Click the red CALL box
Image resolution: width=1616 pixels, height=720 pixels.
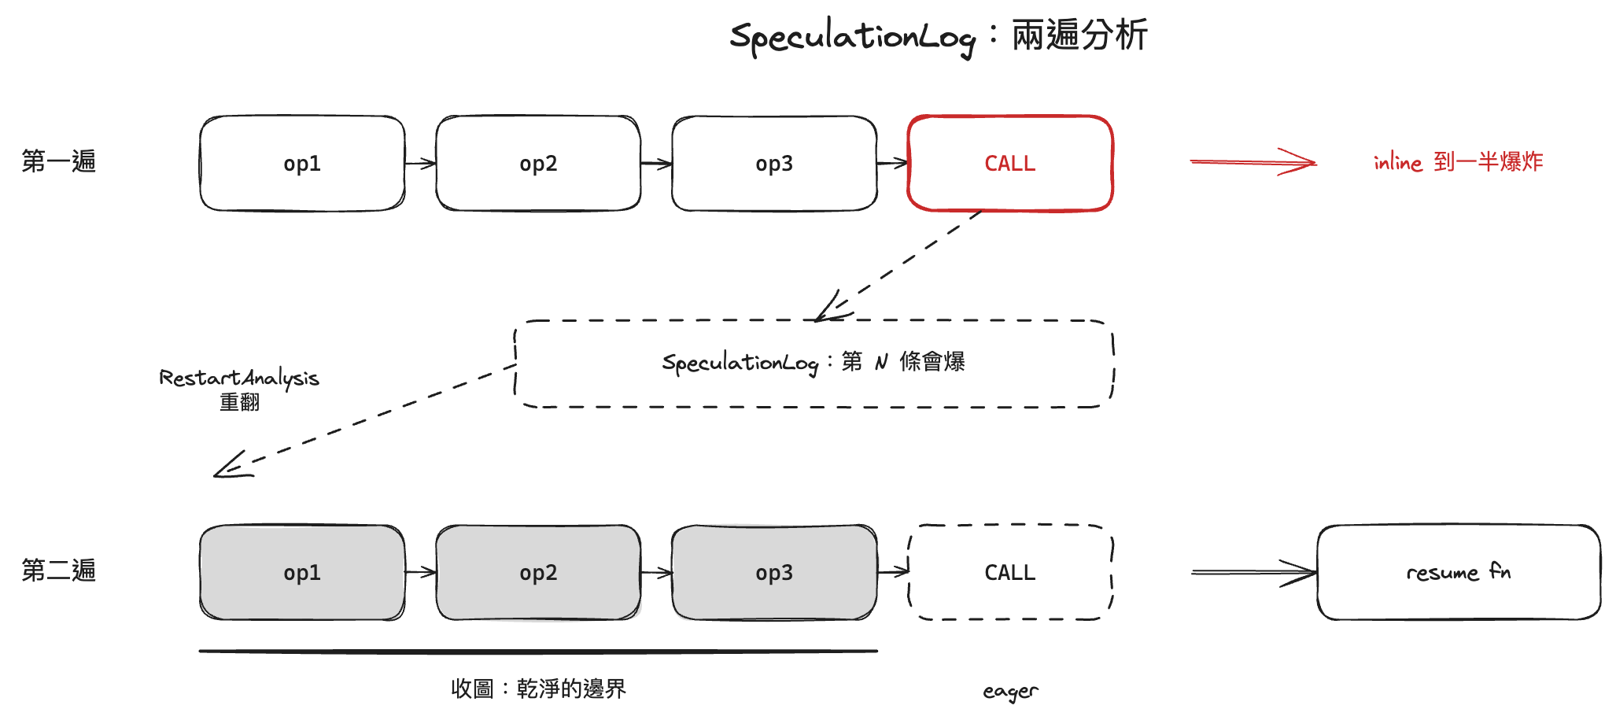pyautogui.click(x=1010, y=164)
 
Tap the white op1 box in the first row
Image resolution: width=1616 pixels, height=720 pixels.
pyautogui.click(x=302, y=164)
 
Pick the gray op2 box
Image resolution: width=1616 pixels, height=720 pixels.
pyautogui.click(x=538, y=572)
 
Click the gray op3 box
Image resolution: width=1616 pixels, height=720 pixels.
pyautogui.click(x=774, y=572)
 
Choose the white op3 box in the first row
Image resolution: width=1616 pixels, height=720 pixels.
pyautogui.click(x=774, y=164)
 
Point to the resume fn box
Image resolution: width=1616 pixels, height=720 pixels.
pyautogui.click(x=1459, y=572)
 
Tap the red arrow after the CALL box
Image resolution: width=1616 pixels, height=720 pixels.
pyautogui.click(x=1253, y=162)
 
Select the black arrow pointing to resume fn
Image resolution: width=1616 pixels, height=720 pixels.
pyautogui.click(x=1254, y=572)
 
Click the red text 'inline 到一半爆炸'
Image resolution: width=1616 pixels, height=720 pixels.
pyautogui.click(x=1458, y=162)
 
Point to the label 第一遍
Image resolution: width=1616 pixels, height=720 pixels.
pyautogui.click(x=59, y=161)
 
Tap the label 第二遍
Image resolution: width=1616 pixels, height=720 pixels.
pyautogui.click(x=59, y=570)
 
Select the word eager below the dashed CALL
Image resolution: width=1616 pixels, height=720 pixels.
pyautogui.click(x=1010, y=692)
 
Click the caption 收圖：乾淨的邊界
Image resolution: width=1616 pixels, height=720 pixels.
pyautogui.click(x=539, y=689)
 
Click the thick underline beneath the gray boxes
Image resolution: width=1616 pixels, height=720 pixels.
pyautogui.click(x=538, y=652)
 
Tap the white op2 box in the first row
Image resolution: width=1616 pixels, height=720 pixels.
pyautogui.click(x=538, y=164)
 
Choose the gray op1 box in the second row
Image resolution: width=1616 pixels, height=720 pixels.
pyautogui.click(x=302, y=572)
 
